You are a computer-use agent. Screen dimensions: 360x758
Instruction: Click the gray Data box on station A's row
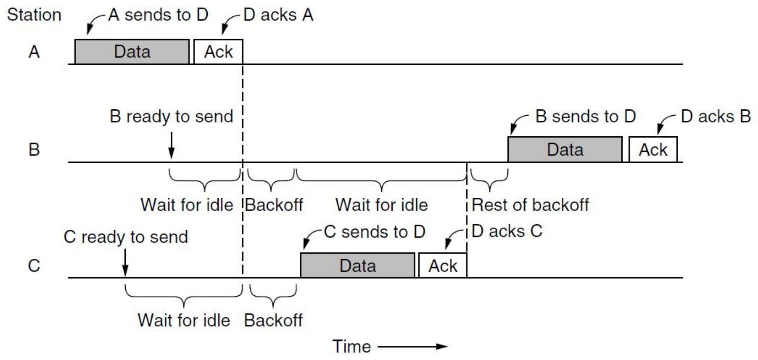tap(132, 51)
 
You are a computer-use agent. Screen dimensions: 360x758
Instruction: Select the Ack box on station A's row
tap(218, 51)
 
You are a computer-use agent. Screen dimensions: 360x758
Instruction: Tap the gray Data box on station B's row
tap(565, 149)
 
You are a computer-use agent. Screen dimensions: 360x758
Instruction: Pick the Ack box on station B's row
tap(653, 149)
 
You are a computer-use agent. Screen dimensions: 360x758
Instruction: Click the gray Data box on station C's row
tap(358, 265)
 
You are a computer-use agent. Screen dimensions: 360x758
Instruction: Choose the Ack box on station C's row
tap(443, 265)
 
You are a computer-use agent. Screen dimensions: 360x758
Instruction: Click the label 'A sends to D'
tap(158, 15)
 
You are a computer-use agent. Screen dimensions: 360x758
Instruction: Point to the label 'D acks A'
tap(278, 15)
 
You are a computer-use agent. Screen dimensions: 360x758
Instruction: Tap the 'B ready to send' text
tap(171, 117)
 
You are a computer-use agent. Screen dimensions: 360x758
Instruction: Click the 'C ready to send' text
tap(126, 237)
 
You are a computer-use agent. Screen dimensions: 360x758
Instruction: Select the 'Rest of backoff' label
tap(530, 205)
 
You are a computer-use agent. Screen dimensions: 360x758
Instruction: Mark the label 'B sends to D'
tap(585, 117)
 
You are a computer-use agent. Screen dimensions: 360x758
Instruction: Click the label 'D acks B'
tap(716, 117)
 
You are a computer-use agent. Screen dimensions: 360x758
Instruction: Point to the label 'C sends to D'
tap(374, 232)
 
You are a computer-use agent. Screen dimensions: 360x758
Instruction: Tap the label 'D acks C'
tap(507, 231)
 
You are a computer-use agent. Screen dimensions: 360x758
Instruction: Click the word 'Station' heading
tap(34, 15)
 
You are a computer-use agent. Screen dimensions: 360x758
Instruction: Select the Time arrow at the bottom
tap(412, 347)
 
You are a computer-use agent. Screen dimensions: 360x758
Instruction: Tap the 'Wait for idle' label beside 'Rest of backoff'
tap(382, 205)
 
